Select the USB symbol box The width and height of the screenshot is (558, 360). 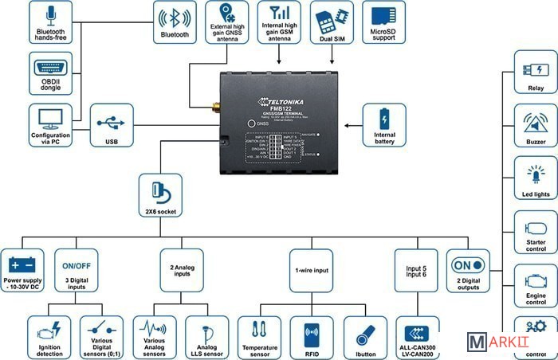coord(110,124)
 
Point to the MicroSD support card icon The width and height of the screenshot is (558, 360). coord(383,17)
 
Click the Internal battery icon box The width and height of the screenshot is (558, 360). coord(384,125)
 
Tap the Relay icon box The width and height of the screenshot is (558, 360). coord(535,72)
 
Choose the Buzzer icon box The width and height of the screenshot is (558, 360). coord(535,125)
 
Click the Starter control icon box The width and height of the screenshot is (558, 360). coord(535,231)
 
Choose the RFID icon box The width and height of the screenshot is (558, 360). coord(312,336)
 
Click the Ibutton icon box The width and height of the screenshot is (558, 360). coord(365,336)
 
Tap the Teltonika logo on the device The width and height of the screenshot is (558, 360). coord(284,101)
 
